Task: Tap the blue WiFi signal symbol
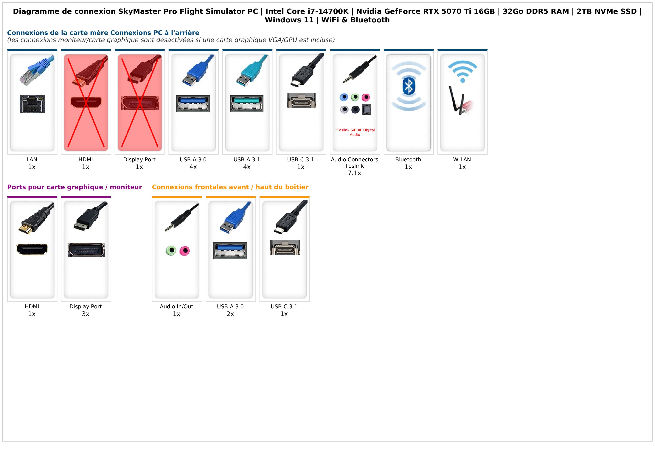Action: click(x=462, y=71)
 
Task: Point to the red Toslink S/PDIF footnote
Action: click(x=355, y=132)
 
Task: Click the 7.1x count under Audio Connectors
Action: click(x=354, y=173)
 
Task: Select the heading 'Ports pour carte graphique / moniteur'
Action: click(x=74, y=187)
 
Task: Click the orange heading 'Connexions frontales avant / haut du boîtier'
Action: click(x=230, y=187)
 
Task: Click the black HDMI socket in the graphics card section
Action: click(x=32, y=250)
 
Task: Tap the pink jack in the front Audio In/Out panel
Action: click(x=185, y=251)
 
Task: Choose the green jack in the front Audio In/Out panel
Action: click(x=171, y=251)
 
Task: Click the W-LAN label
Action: click(x=462, y=160)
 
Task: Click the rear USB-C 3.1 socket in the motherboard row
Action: click(x=302, y=100)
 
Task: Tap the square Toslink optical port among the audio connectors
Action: click(x=367, y=110)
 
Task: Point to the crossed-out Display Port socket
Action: click(x=140, y=103)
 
